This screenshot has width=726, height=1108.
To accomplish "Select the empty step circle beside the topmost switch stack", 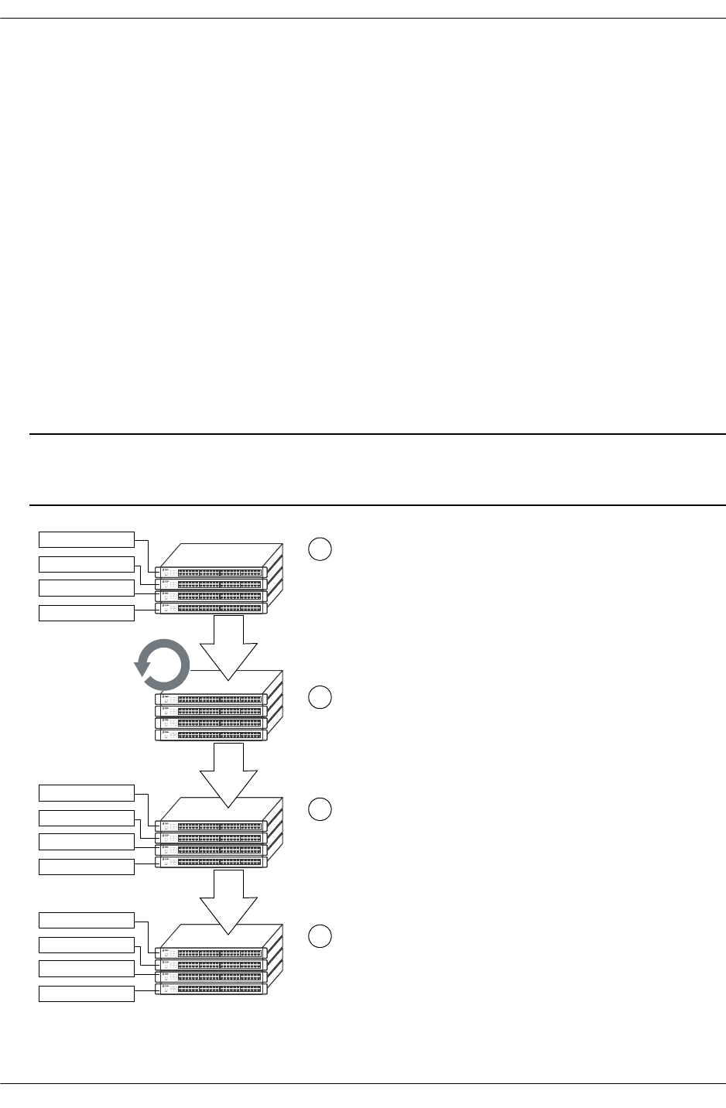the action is pyautogui.click(x=320, y=549).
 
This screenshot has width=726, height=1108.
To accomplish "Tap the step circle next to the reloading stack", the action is pyautogui.click(x=320, y=697).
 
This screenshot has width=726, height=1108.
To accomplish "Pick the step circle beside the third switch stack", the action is pyautogui.click(x=320, y=809).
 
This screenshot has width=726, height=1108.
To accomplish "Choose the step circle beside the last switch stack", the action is pyautogui.click(x=320, y=936).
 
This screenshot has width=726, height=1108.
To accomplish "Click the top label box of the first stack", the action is pyautogui.click(x=87, y=539).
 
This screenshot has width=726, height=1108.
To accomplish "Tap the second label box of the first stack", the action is pyautogui.click(x=87, y=563).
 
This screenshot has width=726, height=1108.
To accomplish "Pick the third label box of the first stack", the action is pyautogui.click(x=87, y=588).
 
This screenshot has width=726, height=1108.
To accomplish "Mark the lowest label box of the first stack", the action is pyautogui.click(x=87, y=613).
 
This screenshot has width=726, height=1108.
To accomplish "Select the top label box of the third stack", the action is pyautogui.click(x=87, y=792).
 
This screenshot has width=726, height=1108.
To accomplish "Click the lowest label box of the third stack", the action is pyautogui.click(x=87, y=867).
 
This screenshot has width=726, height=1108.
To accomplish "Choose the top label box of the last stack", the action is pyautogui.click(x=87, y=920).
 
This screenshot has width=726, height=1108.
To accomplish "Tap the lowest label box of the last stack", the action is pyautogui.click(x=87, y=993).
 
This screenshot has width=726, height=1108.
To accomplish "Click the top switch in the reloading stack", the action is pyautogui.click(x=211, y=699).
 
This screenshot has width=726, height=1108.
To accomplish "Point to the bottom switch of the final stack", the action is pyautogui.click(x=211, y=989).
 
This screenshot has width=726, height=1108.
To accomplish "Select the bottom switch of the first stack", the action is pyautogui.click(x=211, y=608).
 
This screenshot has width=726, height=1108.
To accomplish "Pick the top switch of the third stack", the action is pyautogui.click(x=211, y=826).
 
